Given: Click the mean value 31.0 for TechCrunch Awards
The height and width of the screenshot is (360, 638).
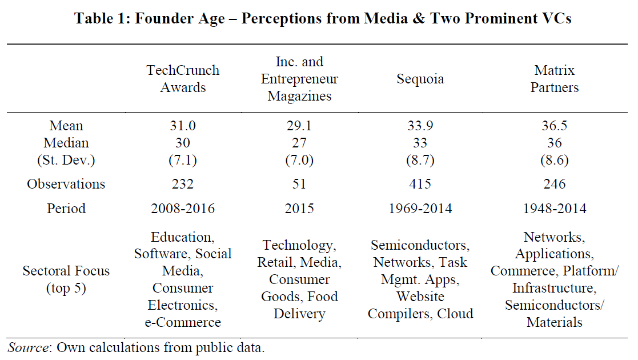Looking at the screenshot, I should tap(183, 126).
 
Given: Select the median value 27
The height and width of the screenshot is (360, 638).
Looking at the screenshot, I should tap(299, 143).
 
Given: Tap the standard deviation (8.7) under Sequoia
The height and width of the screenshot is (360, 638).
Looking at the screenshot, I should tap(420, 161).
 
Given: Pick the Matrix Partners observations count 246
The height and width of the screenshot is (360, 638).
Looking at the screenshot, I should tap(554, 184).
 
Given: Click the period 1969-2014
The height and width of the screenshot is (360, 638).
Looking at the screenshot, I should tap(420, 209).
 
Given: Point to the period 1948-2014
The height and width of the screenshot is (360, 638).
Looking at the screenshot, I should tap(554, 209).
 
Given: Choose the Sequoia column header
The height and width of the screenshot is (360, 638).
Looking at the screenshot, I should tap(420, 79).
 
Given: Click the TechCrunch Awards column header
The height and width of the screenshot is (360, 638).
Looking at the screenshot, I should tap(183, 79).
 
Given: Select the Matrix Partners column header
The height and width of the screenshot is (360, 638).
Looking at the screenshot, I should tap(554, 79).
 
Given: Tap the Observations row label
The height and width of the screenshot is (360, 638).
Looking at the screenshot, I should tap(66, 184).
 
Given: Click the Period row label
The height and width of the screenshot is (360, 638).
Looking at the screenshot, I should tap(66, 209).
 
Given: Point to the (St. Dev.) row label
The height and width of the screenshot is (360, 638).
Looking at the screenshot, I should tap(66, 161).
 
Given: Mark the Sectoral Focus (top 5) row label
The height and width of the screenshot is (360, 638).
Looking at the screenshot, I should tap(66, 279).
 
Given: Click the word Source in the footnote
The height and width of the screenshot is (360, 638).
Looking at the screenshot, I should tap(25, 347).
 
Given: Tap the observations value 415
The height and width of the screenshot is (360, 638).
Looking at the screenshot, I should tap(420, 184).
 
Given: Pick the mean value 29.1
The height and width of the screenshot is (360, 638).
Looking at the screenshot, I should tap(299, 126).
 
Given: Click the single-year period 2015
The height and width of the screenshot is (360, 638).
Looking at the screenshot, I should tap(299, 209).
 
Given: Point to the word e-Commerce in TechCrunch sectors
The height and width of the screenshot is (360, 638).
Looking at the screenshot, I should tap(183, 322).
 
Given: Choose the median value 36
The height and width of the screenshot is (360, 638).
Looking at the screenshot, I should tap(554, 143).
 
